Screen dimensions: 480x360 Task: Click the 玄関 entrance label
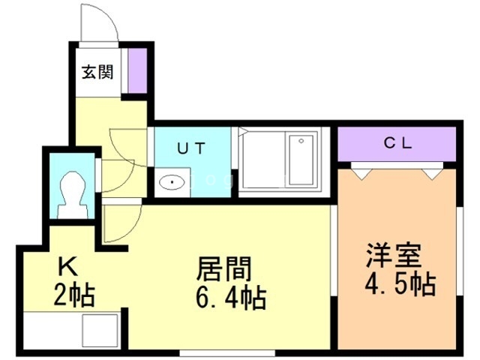(x=97, y=73)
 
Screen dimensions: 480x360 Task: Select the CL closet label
(x=397, y=143)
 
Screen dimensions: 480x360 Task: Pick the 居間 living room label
(x=223, y=268)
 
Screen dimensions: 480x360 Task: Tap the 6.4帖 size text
(x=231, y=298)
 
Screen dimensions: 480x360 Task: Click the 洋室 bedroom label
(x=394, y=255)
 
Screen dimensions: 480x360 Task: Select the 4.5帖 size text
(x=400, y=283)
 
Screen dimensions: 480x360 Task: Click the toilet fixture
(x=73, y=195)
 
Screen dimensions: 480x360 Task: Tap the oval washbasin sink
(x=172, y=183)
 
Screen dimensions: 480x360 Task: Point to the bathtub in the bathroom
(x=301, y=159)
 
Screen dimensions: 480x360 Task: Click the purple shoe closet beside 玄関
(x=137, y=70)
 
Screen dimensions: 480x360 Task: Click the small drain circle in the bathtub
(x=301, y=141)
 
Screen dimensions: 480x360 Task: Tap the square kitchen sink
(x=100, y=330)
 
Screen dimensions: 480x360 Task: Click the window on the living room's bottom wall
(x=227, y=352)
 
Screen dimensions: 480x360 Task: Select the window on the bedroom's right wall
(x=460, y=251)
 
